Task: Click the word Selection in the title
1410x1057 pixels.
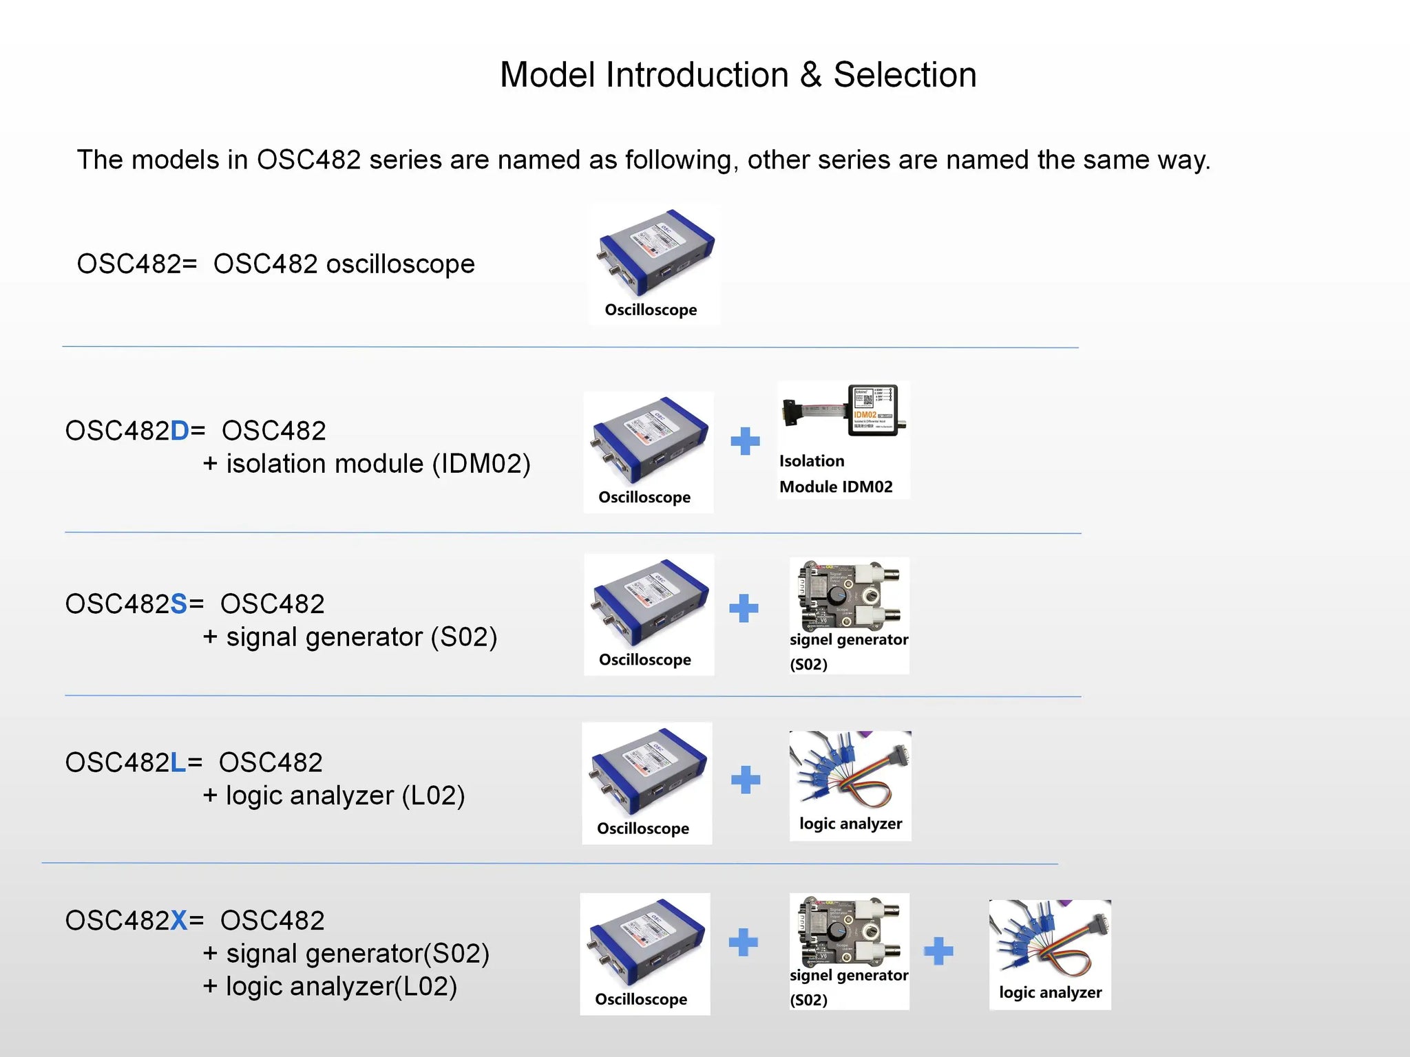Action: click(905, 75)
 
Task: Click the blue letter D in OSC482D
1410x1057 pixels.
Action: click(179, 431)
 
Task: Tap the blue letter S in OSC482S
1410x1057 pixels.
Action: click(178, 604)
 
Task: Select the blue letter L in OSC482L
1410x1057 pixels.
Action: click(178, 762)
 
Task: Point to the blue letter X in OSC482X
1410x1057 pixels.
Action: click(178, 921)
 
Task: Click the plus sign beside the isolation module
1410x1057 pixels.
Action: click(745, 441)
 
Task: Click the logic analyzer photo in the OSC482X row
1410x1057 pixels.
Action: click(1049, 940)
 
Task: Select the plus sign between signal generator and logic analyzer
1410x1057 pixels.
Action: click(938, 952)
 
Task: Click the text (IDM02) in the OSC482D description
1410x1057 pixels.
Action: click(481, 464)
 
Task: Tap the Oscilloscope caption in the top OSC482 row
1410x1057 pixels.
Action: click(651, 310)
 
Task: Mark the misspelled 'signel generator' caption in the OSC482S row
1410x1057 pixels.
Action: click(849, 640)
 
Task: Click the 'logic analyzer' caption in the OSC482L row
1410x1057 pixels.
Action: click(850, 824)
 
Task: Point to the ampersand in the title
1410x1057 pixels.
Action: click(810, 75)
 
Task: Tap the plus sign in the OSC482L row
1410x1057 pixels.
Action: click(746, 780)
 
